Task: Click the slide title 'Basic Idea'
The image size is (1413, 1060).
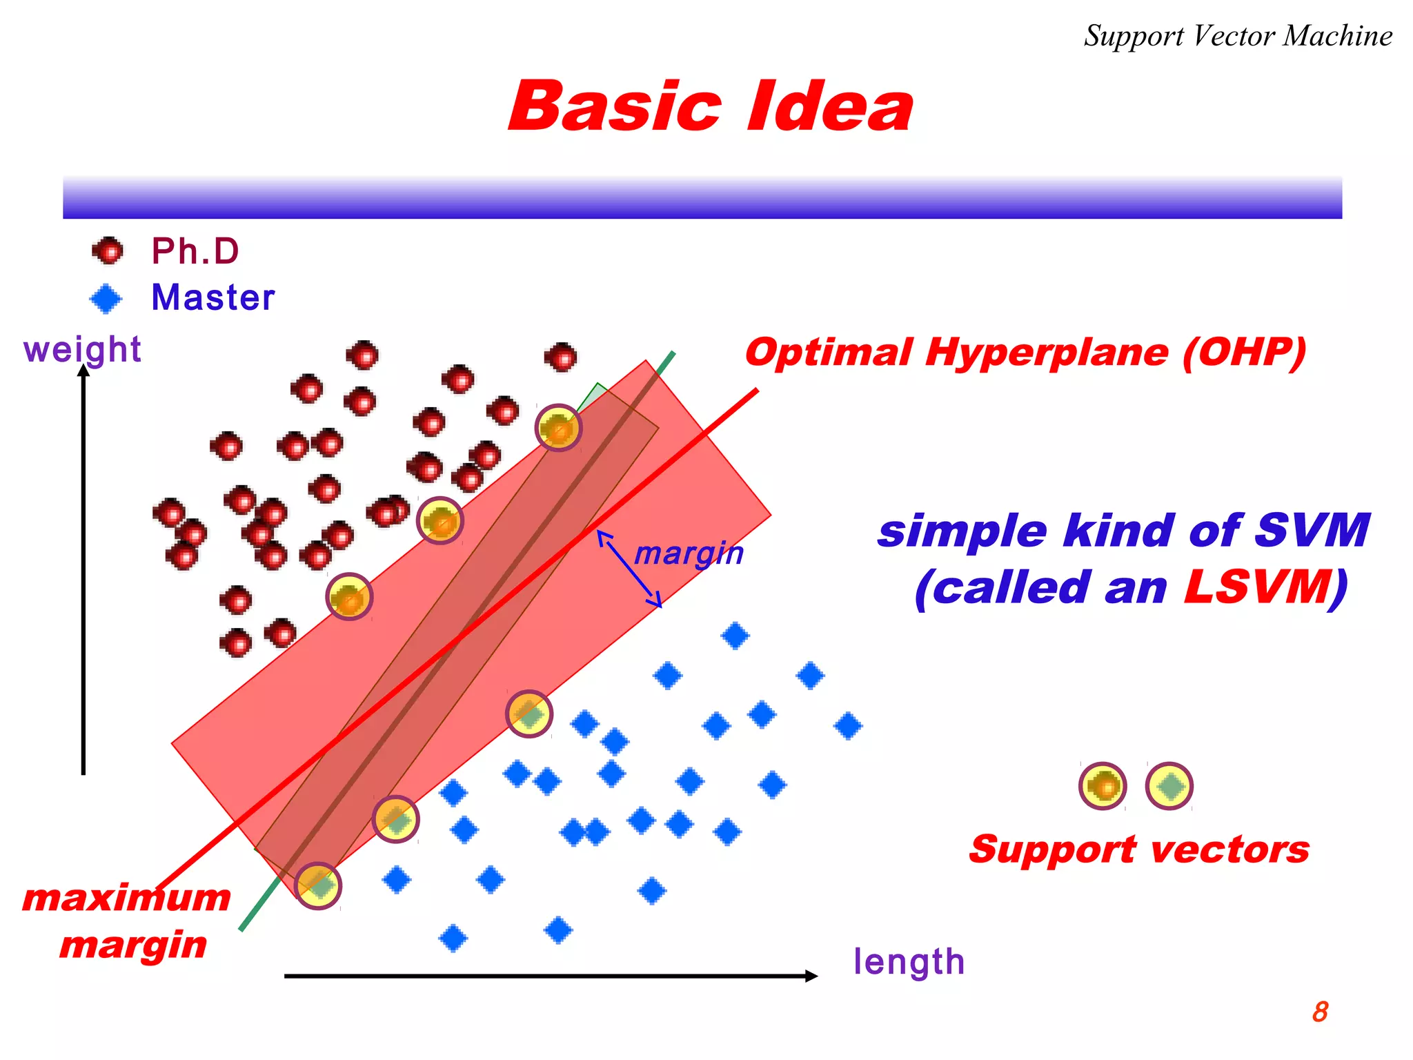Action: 711,107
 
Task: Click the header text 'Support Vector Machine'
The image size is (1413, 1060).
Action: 1238,36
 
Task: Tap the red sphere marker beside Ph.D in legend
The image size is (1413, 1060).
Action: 108,251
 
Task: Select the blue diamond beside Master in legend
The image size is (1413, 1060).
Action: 106,299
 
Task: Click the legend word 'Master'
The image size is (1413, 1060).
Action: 213,298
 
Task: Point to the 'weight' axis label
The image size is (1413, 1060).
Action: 81,349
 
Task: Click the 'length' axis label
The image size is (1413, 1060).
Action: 909,962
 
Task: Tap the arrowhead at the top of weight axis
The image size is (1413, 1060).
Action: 83,372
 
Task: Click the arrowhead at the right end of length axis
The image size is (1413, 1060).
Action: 811,976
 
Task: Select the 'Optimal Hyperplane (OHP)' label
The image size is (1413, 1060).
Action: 1025,353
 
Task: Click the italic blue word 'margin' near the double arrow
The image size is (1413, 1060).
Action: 689,553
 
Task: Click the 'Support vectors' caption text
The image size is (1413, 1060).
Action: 1139,850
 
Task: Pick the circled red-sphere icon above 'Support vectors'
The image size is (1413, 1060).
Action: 1103,786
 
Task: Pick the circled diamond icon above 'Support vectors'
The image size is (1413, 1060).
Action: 1169,786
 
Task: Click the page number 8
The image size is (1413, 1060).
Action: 1320,1012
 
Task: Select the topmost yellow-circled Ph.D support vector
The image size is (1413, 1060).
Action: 558,428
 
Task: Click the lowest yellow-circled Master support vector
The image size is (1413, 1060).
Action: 318,885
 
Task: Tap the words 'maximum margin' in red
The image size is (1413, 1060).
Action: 128,921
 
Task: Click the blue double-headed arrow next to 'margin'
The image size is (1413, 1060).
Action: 629,569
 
